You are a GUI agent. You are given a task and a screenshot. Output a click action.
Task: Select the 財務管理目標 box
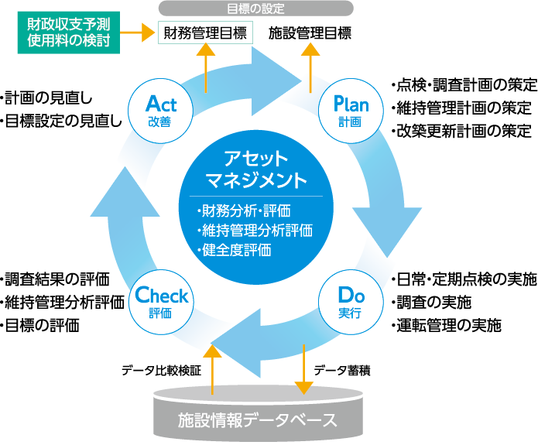pyautogui.click(x=205, y=33)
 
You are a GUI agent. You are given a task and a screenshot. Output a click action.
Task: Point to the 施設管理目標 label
pyautogui.click(x=310, y=33)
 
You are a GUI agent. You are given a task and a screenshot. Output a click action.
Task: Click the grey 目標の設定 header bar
pyautogui.click(x=256, y=9)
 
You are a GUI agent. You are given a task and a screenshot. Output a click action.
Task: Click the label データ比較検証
pyautogui.click(x=161, y=370)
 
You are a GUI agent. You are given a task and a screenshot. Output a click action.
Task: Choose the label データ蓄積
pyautogui.click(x=342, y=370)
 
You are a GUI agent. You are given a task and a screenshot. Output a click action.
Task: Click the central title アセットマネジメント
pyautogui.click(x=256, y=169)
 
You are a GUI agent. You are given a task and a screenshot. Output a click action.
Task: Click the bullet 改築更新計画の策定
pyautogui.click(x=461, y=130)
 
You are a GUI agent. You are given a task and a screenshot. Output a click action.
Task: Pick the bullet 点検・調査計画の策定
pyautogui.click(x=461, y=84)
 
